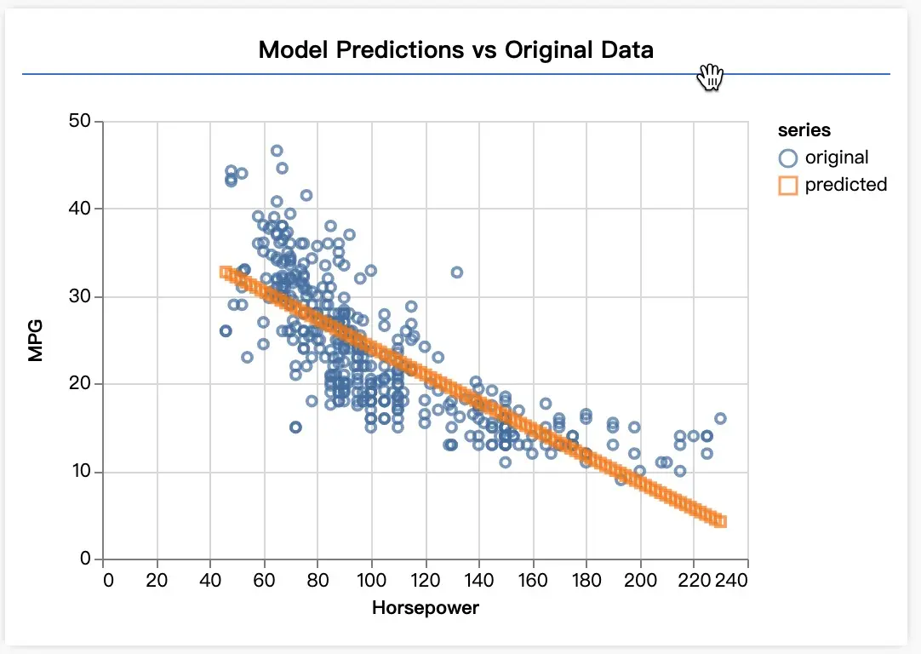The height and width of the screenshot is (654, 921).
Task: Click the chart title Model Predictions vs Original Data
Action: point(455,49)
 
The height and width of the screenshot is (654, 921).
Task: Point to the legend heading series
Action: point(804,130)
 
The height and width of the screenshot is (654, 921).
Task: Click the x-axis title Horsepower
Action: point(426,608)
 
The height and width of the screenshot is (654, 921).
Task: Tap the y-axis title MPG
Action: point(35,341)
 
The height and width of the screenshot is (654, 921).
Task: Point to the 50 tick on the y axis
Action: point(79,121)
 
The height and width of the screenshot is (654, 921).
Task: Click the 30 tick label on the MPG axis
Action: point(79,296)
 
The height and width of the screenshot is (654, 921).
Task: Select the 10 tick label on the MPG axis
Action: point(79,472)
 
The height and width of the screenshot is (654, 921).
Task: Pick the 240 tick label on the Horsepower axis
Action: point(732,581)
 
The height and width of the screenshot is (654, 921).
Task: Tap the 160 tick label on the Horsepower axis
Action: point(533,581)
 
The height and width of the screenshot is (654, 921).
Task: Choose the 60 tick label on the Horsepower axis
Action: point(264,581)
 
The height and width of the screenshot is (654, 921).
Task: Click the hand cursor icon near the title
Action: point(710,77)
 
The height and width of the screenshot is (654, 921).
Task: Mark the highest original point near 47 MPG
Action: point(277,151)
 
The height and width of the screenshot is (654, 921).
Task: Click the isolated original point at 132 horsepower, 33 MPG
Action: point(457,272)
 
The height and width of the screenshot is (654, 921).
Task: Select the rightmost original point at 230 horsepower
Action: point(720,418)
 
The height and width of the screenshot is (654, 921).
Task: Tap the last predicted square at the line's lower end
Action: point(720,521)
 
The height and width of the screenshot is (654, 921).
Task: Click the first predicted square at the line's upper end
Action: point(225,272)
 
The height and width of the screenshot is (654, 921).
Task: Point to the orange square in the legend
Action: point(788,185)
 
